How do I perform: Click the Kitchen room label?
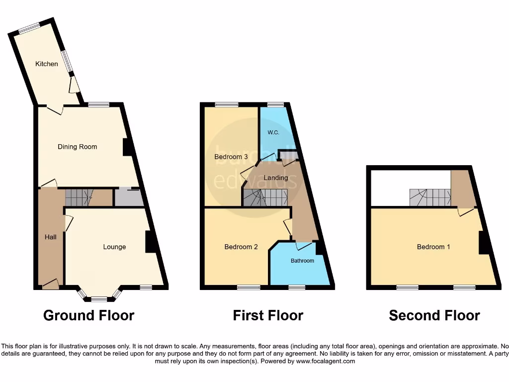tap(46, 64)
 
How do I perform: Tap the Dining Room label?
tap(77, 147)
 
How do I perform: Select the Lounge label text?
tap(114, 247)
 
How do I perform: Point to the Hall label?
tap(50, 237)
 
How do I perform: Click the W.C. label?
tap(273, 132)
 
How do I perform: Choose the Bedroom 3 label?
tap(231, 157)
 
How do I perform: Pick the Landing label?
tap(275, 178)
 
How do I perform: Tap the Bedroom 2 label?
tap(241, 247)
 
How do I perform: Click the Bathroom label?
tap(302, 261)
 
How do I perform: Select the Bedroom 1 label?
tap(433, 247)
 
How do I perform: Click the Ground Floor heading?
tap(88, 315)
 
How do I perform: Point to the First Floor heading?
tap(268, 315)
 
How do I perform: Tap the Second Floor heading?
tap(434, 315)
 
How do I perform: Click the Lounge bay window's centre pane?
tap(99, 299)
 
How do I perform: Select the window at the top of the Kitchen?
tap(29, 28)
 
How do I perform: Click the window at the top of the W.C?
tap(275, 104)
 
